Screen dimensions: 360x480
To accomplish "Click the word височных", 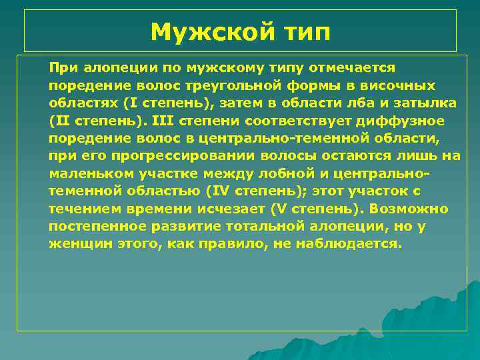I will point(399,86).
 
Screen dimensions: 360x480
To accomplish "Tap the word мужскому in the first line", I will point(206,68).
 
